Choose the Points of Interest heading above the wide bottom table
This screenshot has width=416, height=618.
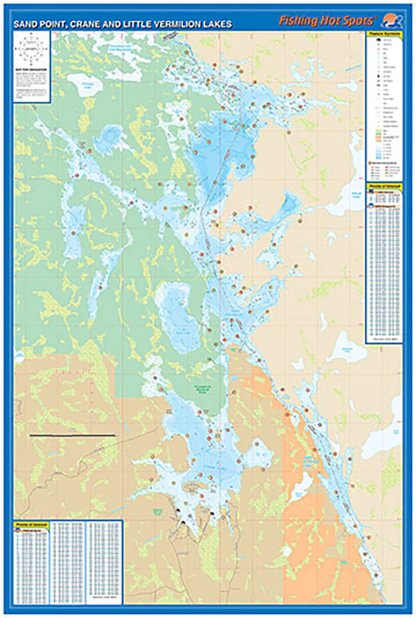tap(28, 525)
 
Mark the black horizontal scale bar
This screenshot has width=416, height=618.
tap(73, 436)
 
